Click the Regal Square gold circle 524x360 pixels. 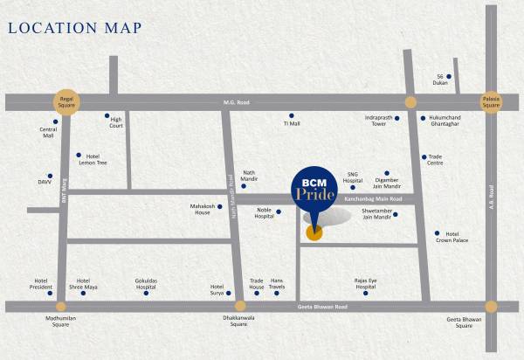tap(66, 100)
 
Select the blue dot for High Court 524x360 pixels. tap(107, 115)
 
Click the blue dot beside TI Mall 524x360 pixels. tap(292, 115)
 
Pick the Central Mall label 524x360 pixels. tap(48, 134)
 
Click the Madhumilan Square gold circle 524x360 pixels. tap(60, 307)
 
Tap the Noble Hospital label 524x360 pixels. tap(265, 213)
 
